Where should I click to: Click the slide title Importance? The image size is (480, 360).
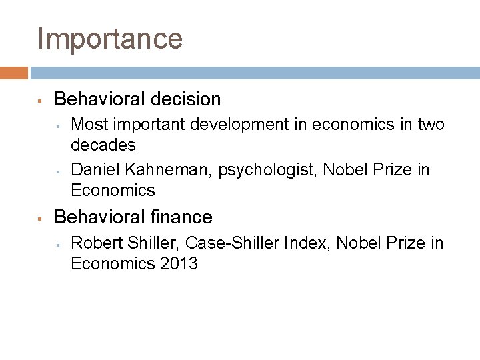pyautogui.click(x=110, y=39)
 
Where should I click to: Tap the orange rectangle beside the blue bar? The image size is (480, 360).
pyautogui.click(x=14, y=73)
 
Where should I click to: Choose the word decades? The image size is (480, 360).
pyautogui.click(x=103, y=145)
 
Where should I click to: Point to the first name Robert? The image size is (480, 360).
pyautogui.click(x=95, y=243)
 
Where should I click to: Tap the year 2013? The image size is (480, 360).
pyautogui.click(x=179, y=263)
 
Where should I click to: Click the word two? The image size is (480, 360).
pyautogui.click(x=430, y=125)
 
